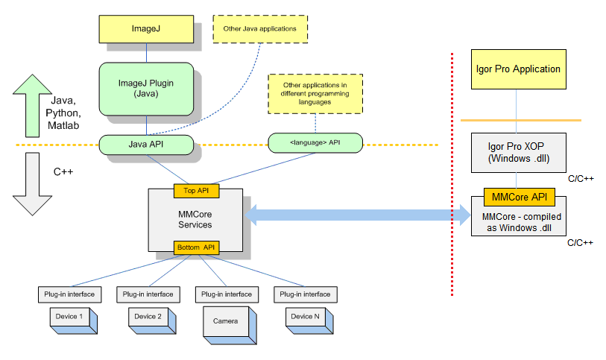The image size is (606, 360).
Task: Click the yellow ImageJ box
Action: (146, 28)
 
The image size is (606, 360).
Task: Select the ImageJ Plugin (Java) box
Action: (146, 89)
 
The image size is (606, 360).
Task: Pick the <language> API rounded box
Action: (315, 141)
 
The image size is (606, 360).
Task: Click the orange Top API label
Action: (197, 191)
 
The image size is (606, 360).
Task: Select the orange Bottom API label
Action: (197, 247)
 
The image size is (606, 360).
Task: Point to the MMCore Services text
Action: (195, 219)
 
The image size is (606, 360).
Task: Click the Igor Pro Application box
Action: (517, 69)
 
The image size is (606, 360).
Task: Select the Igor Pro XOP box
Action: (517, 153)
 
